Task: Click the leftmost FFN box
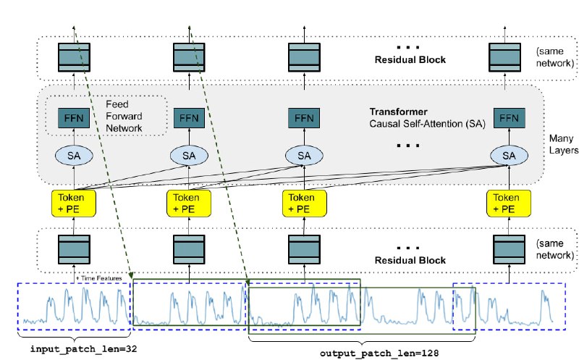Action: click(x=74, y=118)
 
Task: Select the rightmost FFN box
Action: click(x=510, y=118)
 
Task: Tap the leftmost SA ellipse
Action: click(x=74, y=156)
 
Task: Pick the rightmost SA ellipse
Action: click(x=510, y=156)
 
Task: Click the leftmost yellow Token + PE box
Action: click(x=74, y=204)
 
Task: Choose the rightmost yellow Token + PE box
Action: click(x=509, y=204)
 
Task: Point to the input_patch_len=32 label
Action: click(x=83, y=349)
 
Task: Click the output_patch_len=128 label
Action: click(x=379, y=353)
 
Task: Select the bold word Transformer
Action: click(x=399, y=112)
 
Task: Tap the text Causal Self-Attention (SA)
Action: click(x=427, y=124)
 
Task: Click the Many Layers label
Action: click(x=564, y=144)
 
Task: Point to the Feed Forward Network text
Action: click(x=124, y=116)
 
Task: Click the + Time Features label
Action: click(x=99, y=278)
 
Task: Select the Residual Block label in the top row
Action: click(x=410, y=60)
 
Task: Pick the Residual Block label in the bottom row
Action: click(x=410, y=260)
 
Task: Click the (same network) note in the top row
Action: click(x=555, y=57)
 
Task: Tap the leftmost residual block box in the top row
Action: click(x=74, y=57)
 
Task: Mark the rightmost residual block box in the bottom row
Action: click(x=510, y=249)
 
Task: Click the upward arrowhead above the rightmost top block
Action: click(x=504, y=28)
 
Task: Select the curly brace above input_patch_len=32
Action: click(x=75, y=337)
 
